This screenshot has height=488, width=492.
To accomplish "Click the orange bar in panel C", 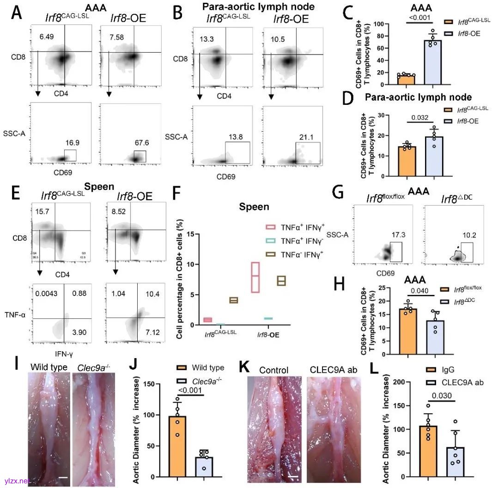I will coord(405,79).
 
